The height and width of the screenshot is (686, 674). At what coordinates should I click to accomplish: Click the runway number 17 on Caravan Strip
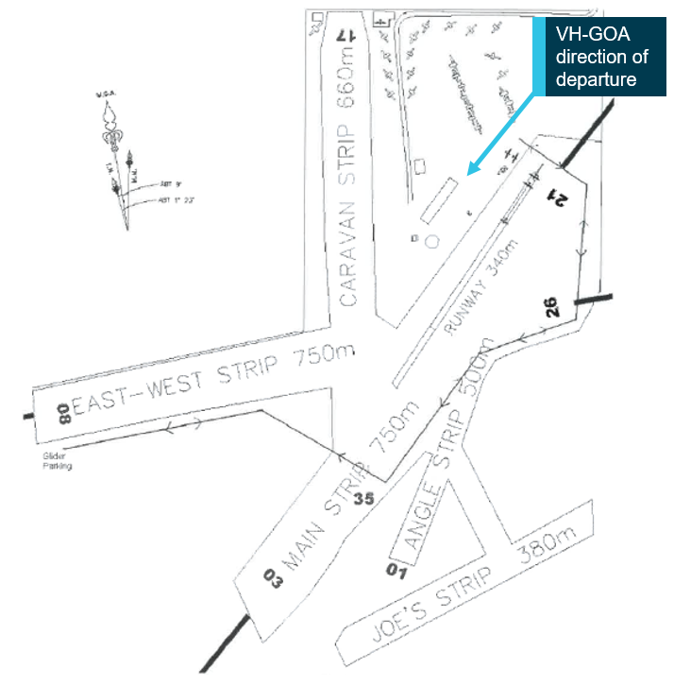[345, 35]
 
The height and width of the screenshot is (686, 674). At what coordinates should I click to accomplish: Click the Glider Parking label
[56, 461]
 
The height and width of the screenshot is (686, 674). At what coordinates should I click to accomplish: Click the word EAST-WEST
[132, 396]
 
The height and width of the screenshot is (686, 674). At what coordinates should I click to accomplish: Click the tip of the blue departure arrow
[468, 175]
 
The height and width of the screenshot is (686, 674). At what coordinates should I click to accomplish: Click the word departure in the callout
[595, 80]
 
